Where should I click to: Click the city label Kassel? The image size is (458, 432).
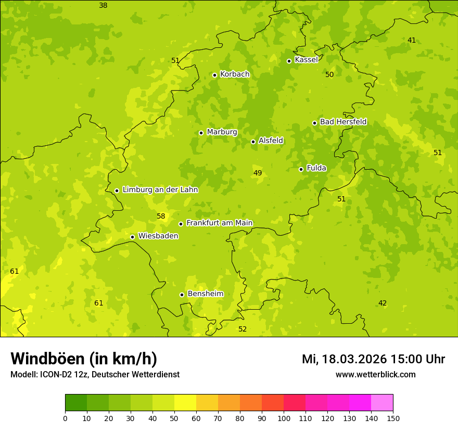coord(306,60)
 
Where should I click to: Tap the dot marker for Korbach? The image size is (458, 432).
coord(214,75)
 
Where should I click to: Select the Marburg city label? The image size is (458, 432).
coord(222,132)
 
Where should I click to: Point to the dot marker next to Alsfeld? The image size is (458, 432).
coord(253,142)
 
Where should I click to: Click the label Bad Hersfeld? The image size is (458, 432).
coord(343,122)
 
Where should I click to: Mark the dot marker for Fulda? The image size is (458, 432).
coord(301,169)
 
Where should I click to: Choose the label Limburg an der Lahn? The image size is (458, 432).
coord(160,190)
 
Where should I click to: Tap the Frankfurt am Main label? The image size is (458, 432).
coord(219,223)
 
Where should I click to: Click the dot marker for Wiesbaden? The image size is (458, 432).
coord(132,237)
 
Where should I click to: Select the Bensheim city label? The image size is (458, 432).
coord(205,294)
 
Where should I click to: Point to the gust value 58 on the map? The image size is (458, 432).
coord(161,216)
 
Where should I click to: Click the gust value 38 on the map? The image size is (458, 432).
coord(103,5)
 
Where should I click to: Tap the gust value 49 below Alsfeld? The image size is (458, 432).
coord(258,173)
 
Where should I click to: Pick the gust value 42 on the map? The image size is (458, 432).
coord(383,303)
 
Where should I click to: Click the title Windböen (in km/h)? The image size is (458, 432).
coord(84,359)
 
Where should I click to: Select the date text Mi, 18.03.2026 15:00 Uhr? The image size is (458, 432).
coord(373,359)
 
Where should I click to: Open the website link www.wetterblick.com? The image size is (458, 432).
coord(375,374)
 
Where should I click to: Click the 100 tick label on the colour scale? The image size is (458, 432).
coord(284,418)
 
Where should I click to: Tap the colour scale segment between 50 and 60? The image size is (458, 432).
coord(185,402)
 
